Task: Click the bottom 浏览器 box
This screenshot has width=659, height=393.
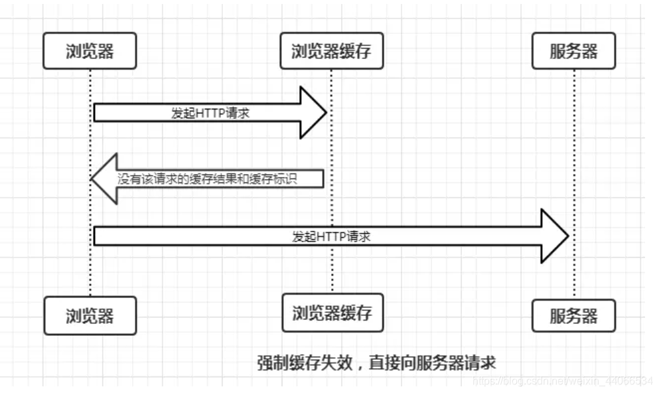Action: [x=90, y=315]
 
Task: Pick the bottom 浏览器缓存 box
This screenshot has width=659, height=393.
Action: [x=332, y=312]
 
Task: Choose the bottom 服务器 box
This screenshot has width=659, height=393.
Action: [x=573, y=315]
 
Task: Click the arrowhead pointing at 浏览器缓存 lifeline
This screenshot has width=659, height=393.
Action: [x=312, y=112]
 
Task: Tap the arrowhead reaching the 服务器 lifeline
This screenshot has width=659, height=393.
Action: [x=554, y=236]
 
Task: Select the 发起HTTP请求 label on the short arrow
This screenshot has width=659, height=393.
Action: [x=210, y=114]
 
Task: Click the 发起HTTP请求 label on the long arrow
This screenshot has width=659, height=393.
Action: [x=330, y=236]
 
